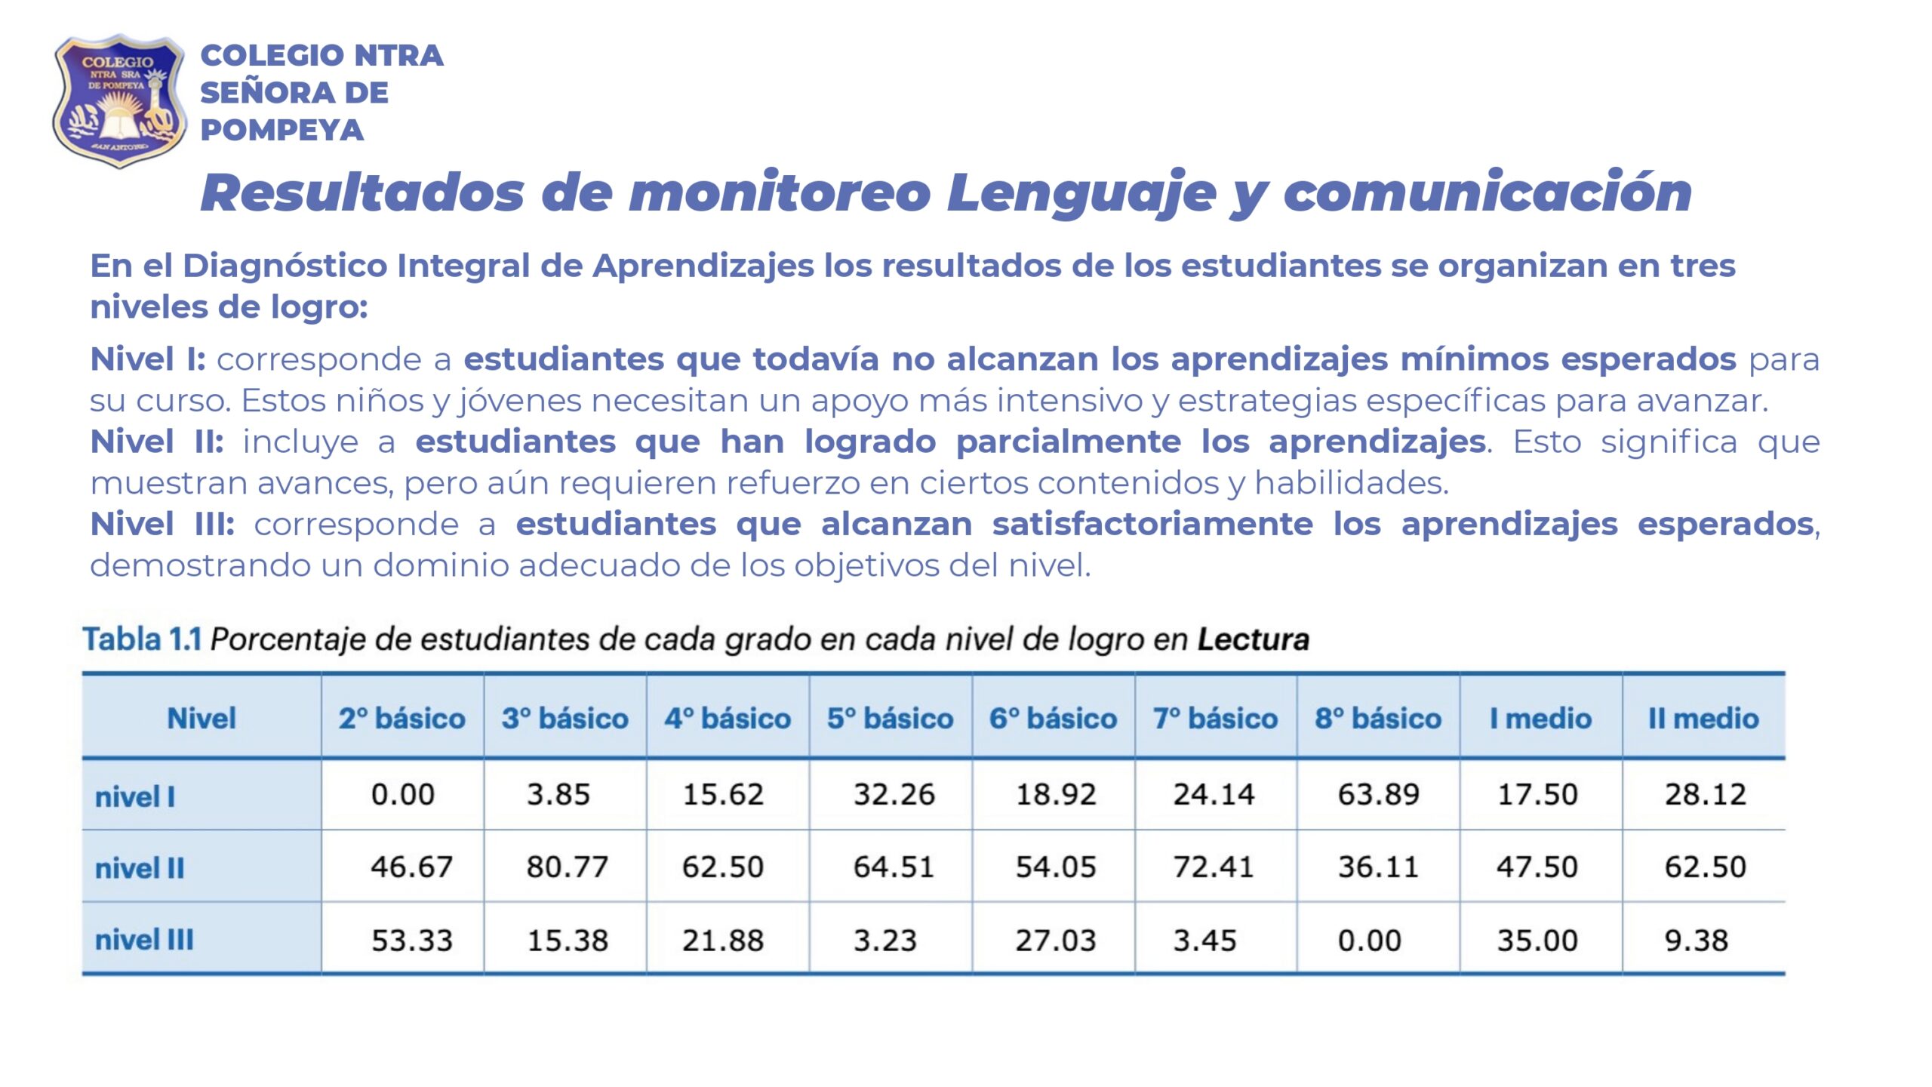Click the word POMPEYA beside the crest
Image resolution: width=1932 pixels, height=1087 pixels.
[281, 131]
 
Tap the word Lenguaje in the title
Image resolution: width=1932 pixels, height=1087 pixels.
[1081, 193]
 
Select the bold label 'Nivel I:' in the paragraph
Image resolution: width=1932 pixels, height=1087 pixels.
[147, 359]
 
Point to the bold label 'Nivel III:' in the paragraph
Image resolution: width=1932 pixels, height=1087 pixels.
[162, 524]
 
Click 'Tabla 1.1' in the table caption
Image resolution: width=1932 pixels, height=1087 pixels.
[142, 639]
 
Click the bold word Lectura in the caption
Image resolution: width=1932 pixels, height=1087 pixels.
[1253, 639]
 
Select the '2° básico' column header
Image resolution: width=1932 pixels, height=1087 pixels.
[401, 718]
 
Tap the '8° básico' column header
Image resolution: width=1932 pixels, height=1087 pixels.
[1378, 718]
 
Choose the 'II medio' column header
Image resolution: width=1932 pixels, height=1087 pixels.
[1703, 718]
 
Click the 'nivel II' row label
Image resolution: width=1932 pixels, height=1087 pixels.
[140, 868]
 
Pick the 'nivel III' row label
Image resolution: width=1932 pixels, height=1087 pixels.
[144, 940]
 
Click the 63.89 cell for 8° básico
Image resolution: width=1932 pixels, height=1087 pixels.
[1378, 794]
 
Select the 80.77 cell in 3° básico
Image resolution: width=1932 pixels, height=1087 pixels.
[567, 867]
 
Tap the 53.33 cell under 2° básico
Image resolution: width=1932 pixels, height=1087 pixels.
[411, 941]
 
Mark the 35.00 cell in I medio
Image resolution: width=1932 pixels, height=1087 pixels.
[1537, 941]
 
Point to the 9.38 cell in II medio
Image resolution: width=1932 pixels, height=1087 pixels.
[1696, 941]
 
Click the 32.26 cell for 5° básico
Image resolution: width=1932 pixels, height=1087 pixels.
[894, 794]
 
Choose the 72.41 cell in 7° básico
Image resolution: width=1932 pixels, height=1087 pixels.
[1213, 867]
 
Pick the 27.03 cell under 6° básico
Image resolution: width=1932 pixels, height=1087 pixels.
[1055, 941]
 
